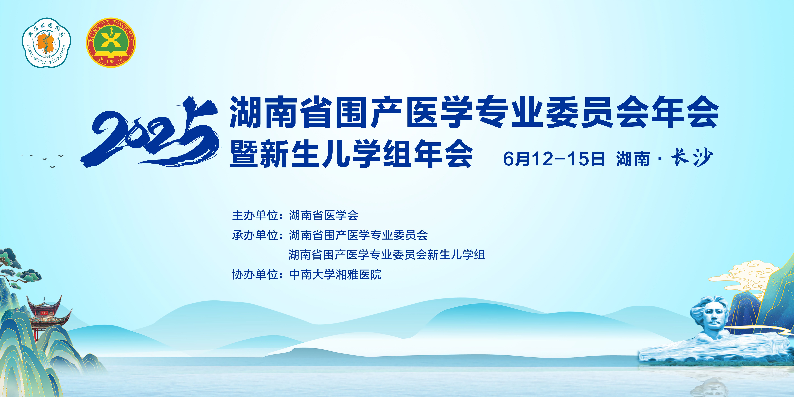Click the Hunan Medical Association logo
click(x=46, y=42)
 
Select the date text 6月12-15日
click(x=554, y=159)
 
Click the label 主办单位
click(x=255, y=215)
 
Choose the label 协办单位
click(x=255, y=274)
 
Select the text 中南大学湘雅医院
click(x=335, y=274)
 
